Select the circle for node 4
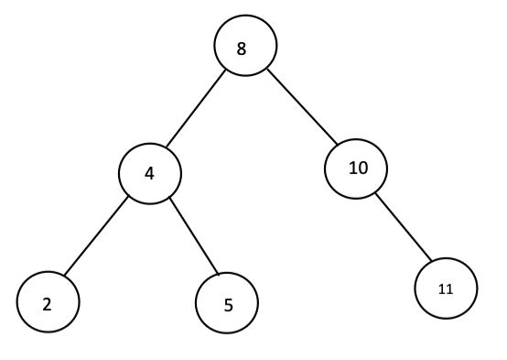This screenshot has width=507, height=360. pos(149,172)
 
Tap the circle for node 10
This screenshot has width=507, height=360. pos(356,169)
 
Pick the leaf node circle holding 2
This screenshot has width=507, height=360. pos(48,301)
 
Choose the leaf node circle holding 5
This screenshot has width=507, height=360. pos(227,302)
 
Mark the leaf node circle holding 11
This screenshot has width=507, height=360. pos(446,289)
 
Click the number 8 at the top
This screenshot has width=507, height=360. pos(242,49)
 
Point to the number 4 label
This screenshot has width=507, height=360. pos(148,172)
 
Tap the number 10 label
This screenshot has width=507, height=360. pos(357,169)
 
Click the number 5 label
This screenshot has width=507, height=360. pos(228,303)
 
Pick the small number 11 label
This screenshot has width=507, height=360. pos(446,289)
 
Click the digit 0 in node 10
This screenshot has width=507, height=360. pos(361,169)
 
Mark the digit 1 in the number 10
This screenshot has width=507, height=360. pos(351,169)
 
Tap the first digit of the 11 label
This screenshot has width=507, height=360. pos(442,289)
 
